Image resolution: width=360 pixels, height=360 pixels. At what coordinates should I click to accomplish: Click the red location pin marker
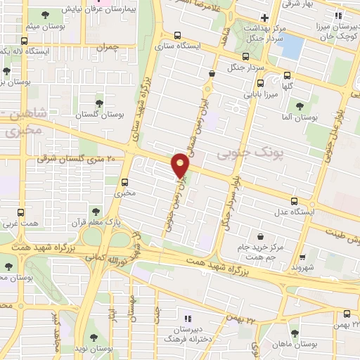pos(181,165)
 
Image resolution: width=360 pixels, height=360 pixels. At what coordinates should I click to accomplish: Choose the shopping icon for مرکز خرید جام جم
pos(262,236)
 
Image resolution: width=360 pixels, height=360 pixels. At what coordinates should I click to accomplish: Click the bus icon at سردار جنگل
pos(245,57)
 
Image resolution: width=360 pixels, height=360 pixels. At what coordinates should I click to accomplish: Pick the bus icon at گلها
pos(287,76)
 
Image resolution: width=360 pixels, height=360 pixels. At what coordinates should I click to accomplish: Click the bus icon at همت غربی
pos(20,212)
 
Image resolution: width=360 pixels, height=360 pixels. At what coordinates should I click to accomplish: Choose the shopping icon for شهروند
pos(303,257)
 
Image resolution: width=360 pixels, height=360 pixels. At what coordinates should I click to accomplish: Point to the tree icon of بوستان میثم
pos(46,15)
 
